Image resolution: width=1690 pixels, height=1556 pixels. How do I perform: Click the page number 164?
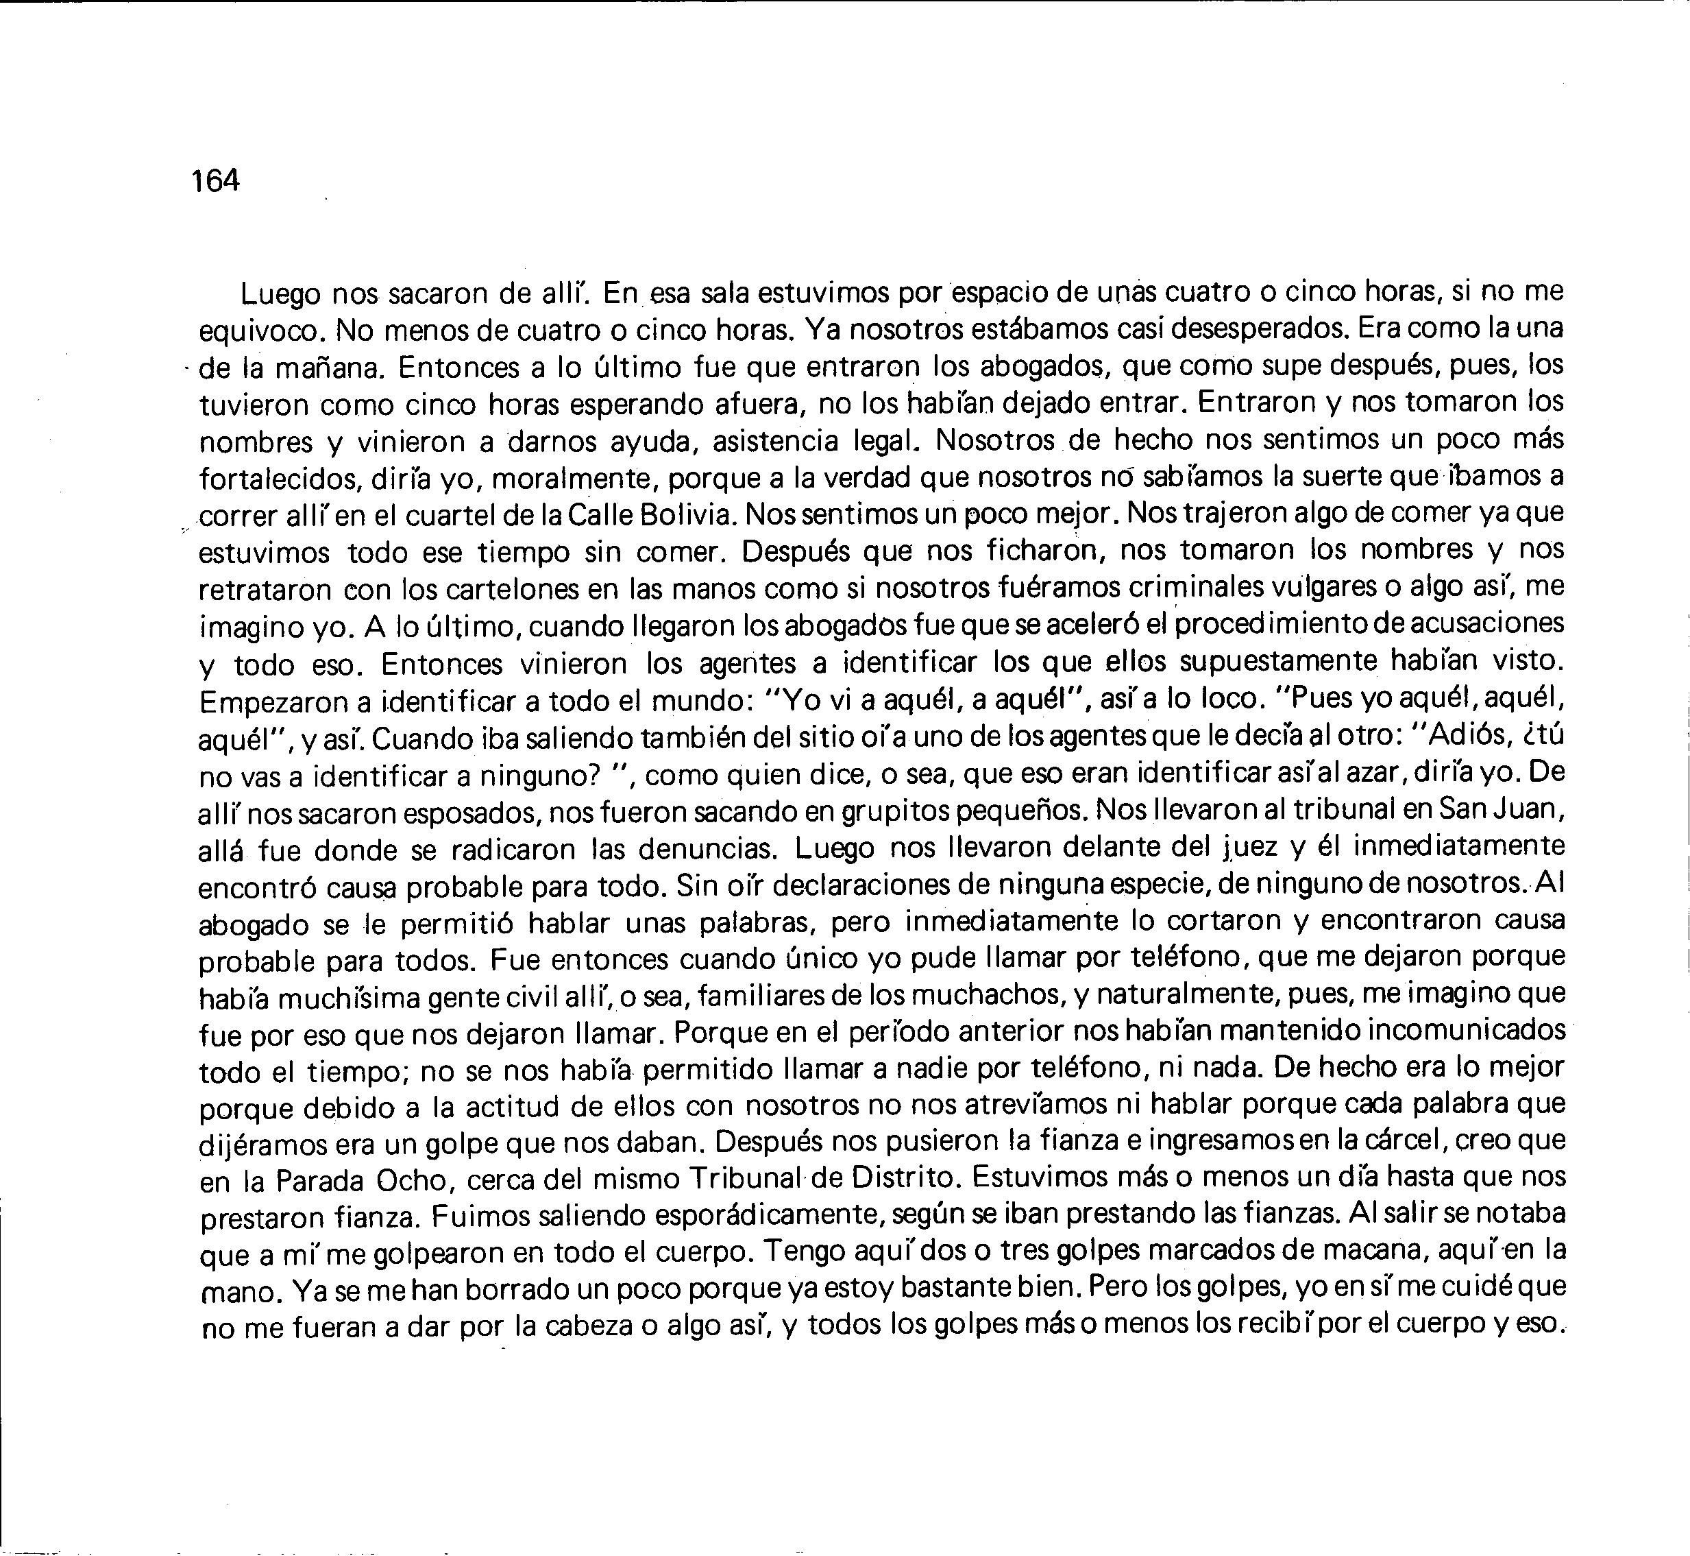coord(215,180)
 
